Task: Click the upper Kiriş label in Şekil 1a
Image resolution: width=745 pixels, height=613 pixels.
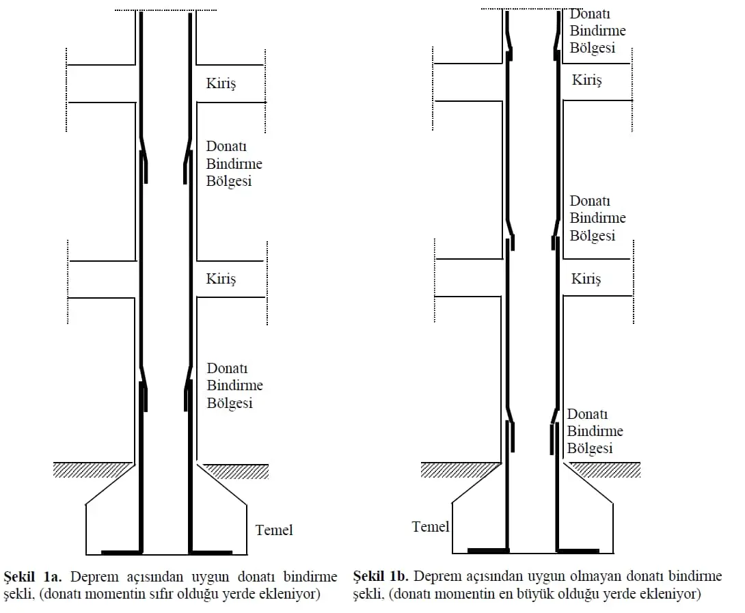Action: pyautogui.click(x=221, y=83)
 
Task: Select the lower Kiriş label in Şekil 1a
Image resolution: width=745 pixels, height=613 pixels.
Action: pyautogui.click(x=221, y=278)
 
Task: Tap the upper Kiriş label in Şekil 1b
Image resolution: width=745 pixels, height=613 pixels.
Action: pyautogui.click(x=587, y=80)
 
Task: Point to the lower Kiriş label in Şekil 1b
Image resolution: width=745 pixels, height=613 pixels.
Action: pyautogui.click(x=586, y=278)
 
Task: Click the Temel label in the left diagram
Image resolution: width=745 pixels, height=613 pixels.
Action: pyautogui.click(x=274, y=530)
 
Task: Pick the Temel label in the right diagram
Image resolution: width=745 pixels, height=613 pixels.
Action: pyautogui.click(x=431, y=526)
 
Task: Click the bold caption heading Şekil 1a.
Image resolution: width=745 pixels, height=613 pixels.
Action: pyautogui.click(x=33, y=577)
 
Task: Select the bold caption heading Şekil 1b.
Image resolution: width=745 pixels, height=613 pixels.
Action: pyautogui.click(x=381, y=576)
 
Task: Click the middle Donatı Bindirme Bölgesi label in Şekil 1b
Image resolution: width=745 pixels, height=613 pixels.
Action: pyautogui.click(x=598, y=218)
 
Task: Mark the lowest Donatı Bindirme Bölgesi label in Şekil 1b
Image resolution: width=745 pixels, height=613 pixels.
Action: pyautogui.click(x=595, y=431)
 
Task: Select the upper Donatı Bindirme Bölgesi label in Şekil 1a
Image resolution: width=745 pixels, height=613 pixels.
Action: pyautogui.click(x=234, y=164)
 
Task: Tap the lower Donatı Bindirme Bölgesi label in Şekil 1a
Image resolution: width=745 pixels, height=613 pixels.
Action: pyautogui.click(x=234, y=385)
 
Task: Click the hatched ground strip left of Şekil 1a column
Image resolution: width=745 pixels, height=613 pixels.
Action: pyautogui.click(x=93, y=469)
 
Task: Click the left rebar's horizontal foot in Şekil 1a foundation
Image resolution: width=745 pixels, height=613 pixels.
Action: pyautogui.click(x=122, y=552)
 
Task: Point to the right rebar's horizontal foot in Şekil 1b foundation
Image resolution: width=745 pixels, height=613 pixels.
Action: pyautogui.click(x=578, y=551)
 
